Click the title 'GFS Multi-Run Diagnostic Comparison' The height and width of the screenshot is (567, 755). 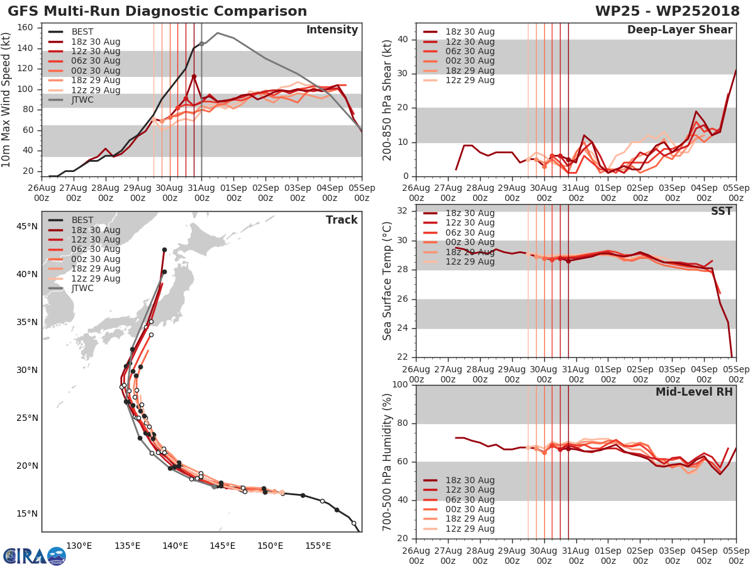157,11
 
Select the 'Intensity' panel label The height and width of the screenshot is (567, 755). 332,30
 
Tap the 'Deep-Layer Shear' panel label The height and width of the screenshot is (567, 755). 679,30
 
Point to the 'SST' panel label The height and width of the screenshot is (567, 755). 722,211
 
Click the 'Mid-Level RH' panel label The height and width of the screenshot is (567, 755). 694,392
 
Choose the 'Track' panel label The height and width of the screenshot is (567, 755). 342,220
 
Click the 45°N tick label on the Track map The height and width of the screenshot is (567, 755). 26,226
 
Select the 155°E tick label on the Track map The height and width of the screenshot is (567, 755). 318,546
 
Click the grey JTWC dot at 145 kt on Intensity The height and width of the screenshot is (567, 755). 201,43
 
